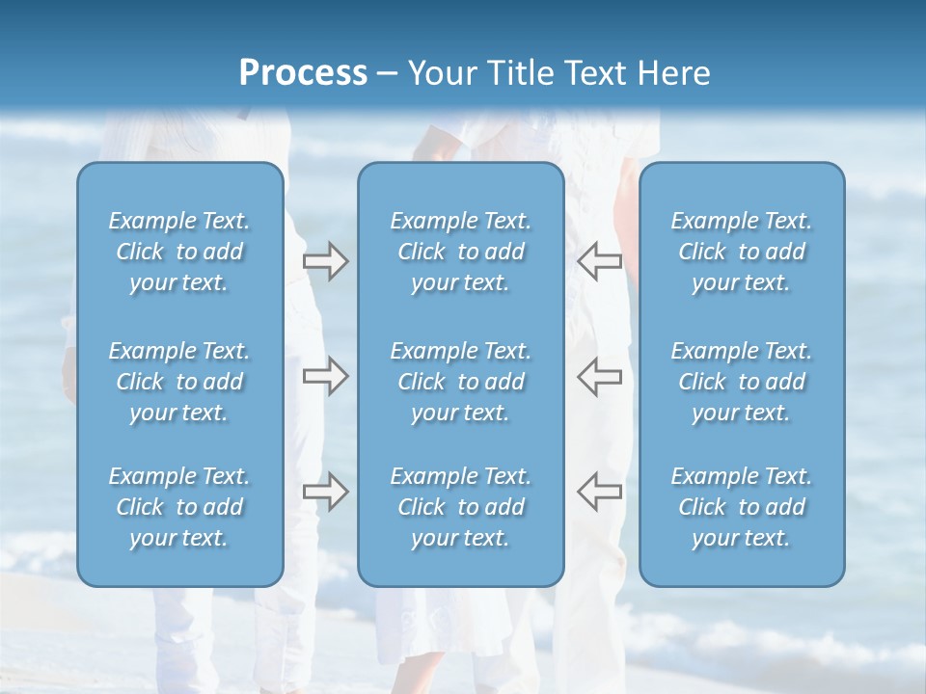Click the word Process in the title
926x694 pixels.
303,73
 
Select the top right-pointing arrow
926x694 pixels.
325,261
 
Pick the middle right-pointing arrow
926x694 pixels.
325,376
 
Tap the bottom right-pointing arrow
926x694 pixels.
325,492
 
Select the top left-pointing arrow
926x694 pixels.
599,261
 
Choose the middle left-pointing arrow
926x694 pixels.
599,376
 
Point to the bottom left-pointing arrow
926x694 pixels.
599,492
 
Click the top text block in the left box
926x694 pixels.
179,252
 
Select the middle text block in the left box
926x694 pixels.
179,382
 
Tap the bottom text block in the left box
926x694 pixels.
179,507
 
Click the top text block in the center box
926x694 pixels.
460,252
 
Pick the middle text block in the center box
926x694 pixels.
460,382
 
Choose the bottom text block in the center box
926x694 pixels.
460,507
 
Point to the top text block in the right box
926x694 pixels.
741,252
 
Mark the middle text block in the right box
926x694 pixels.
741,382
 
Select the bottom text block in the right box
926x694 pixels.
741,507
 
